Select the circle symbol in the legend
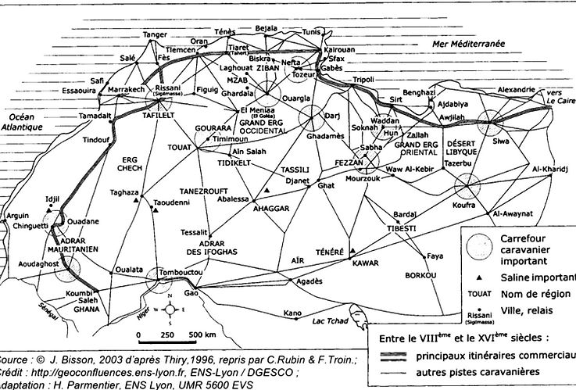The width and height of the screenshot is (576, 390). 476,247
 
